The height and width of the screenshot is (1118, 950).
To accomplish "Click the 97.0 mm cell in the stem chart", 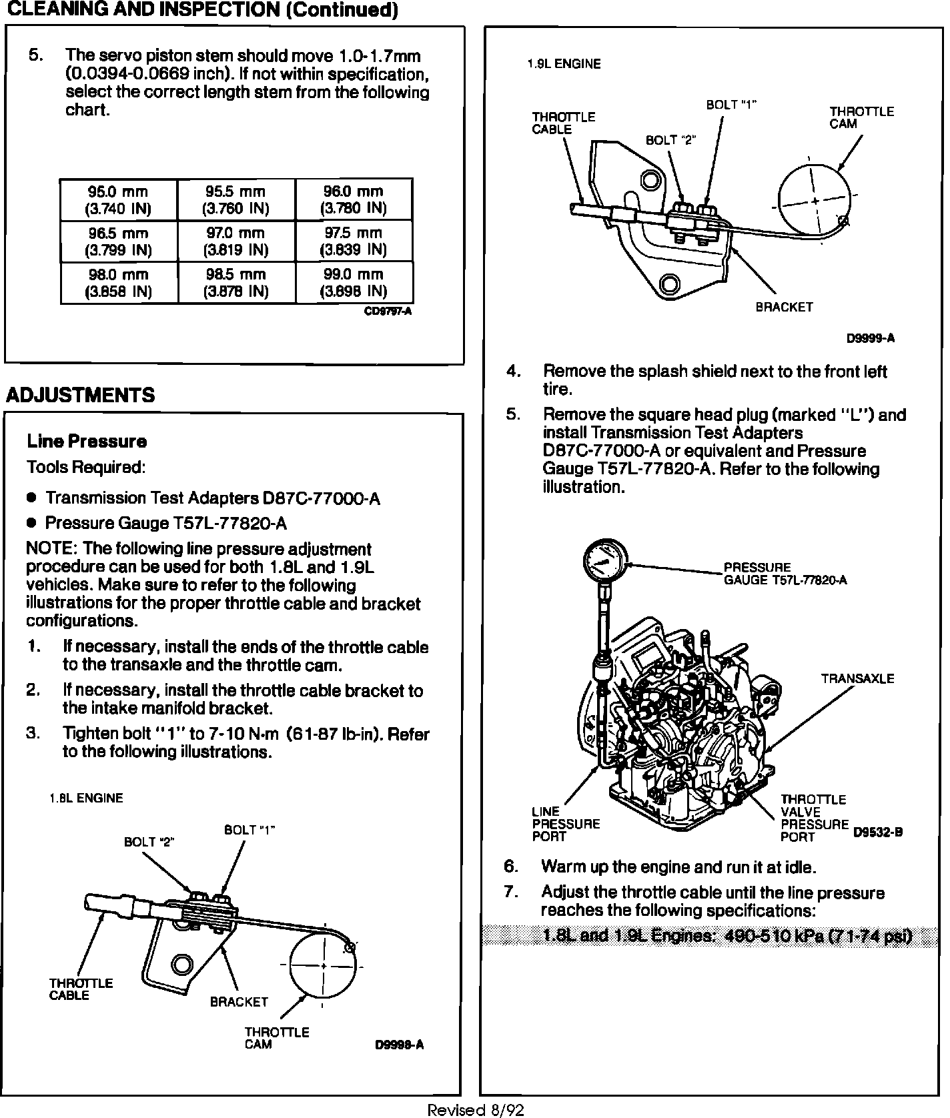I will (236, 241).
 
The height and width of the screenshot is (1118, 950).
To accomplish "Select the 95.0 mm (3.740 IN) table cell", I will (118, 199).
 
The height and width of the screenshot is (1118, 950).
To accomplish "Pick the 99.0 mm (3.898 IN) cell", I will (354, 283).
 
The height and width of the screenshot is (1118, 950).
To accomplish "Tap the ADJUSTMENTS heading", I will (80, 395).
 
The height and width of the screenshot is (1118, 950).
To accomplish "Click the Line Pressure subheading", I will (87, 442).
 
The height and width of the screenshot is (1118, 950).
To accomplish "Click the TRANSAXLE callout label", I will (857, 679).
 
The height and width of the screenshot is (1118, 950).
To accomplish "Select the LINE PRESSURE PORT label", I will (566, 824).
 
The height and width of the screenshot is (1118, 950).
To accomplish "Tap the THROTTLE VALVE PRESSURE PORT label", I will (814, 818).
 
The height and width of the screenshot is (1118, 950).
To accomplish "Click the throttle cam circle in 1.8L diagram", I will (324, 965).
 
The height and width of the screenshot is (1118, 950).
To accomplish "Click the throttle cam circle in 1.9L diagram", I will (815, 200).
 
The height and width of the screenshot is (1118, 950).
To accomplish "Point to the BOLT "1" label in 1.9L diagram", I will (731, 105).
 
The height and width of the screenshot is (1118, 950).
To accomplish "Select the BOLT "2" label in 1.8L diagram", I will (149, 842).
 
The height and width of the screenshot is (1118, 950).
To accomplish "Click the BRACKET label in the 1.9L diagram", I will (784, 308).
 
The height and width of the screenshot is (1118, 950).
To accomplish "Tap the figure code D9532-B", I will (878, 832).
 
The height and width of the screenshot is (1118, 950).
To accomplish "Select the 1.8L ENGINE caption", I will (86, 798).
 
